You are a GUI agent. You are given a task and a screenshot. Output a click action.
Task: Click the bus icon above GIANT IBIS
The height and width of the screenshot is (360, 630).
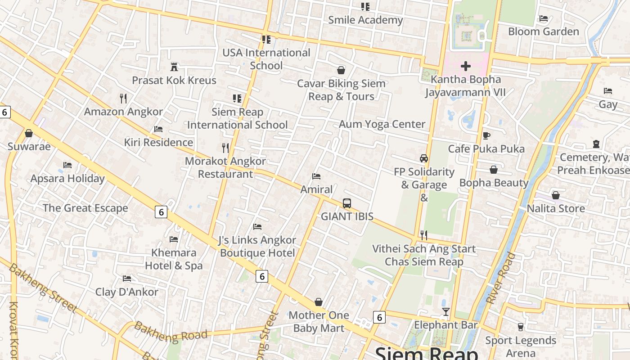pos(346,203)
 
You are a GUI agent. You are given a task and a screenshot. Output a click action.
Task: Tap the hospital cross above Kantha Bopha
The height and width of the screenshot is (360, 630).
pos(466,67)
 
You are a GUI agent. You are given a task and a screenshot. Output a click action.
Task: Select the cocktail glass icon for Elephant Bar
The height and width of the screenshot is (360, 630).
pos(446,312)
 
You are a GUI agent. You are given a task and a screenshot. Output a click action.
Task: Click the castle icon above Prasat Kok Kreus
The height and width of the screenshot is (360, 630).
pos(174,67)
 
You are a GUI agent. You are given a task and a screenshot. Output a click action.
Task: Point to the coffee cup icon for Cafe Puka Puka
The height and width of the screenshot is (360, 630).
pos(486,135)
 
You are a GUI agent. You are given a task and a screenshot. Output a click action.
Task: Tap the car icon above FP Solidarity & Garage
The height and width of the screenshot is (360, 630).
pos(424,158)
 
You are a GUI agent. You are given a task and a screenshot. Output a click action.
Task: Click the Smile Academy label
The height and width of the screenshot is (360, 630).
pos(365,20)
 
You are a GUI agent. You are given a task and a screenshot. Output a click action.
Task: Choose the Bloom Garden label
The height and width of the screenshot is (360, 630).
pos(543,31)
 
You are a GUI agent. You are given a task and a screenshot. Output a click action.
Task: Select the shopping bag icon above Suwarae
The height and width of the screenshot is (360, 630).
pos(29,133)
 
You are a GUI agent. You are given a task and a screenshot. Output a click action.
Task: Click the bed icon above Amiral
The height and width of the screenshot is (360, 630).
pos(316,176)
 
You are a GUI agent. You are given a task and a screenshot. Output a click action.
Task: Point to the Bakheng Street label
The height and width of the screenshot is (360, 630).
pos(43,288)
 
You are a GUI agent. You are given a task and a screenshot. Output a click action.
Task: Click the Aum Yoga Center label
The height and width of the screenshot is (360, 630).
pos(382,124)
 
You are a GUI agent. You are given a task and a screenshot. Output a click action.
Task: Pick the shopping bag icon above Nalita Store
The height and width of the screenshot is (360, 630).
pos(556,195)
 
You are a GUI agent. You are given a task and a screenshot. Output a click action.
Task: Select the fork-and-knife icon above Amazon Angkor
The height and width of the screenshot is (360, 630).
pos(123,98)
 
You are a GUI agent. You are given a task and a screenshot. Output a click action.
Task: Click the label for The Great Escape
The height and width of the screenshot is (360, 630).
pos(85,208)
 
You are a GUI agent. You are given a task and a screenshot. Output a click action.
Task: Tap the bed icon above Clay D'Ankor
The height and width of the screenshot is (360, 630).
pos(127,279)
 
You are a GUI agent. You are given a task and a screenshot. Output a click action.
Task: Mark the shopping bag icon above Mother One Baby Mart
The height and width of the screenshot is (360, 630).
pos(319,302)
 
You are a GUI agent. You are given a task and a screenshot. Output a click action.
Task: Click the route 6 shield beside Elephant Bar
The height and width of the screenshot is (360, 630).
pos(379,318)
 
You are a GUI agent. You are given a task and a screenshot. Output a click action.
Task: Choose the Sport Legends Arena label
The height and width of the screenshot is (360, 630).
pos(521,346)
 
